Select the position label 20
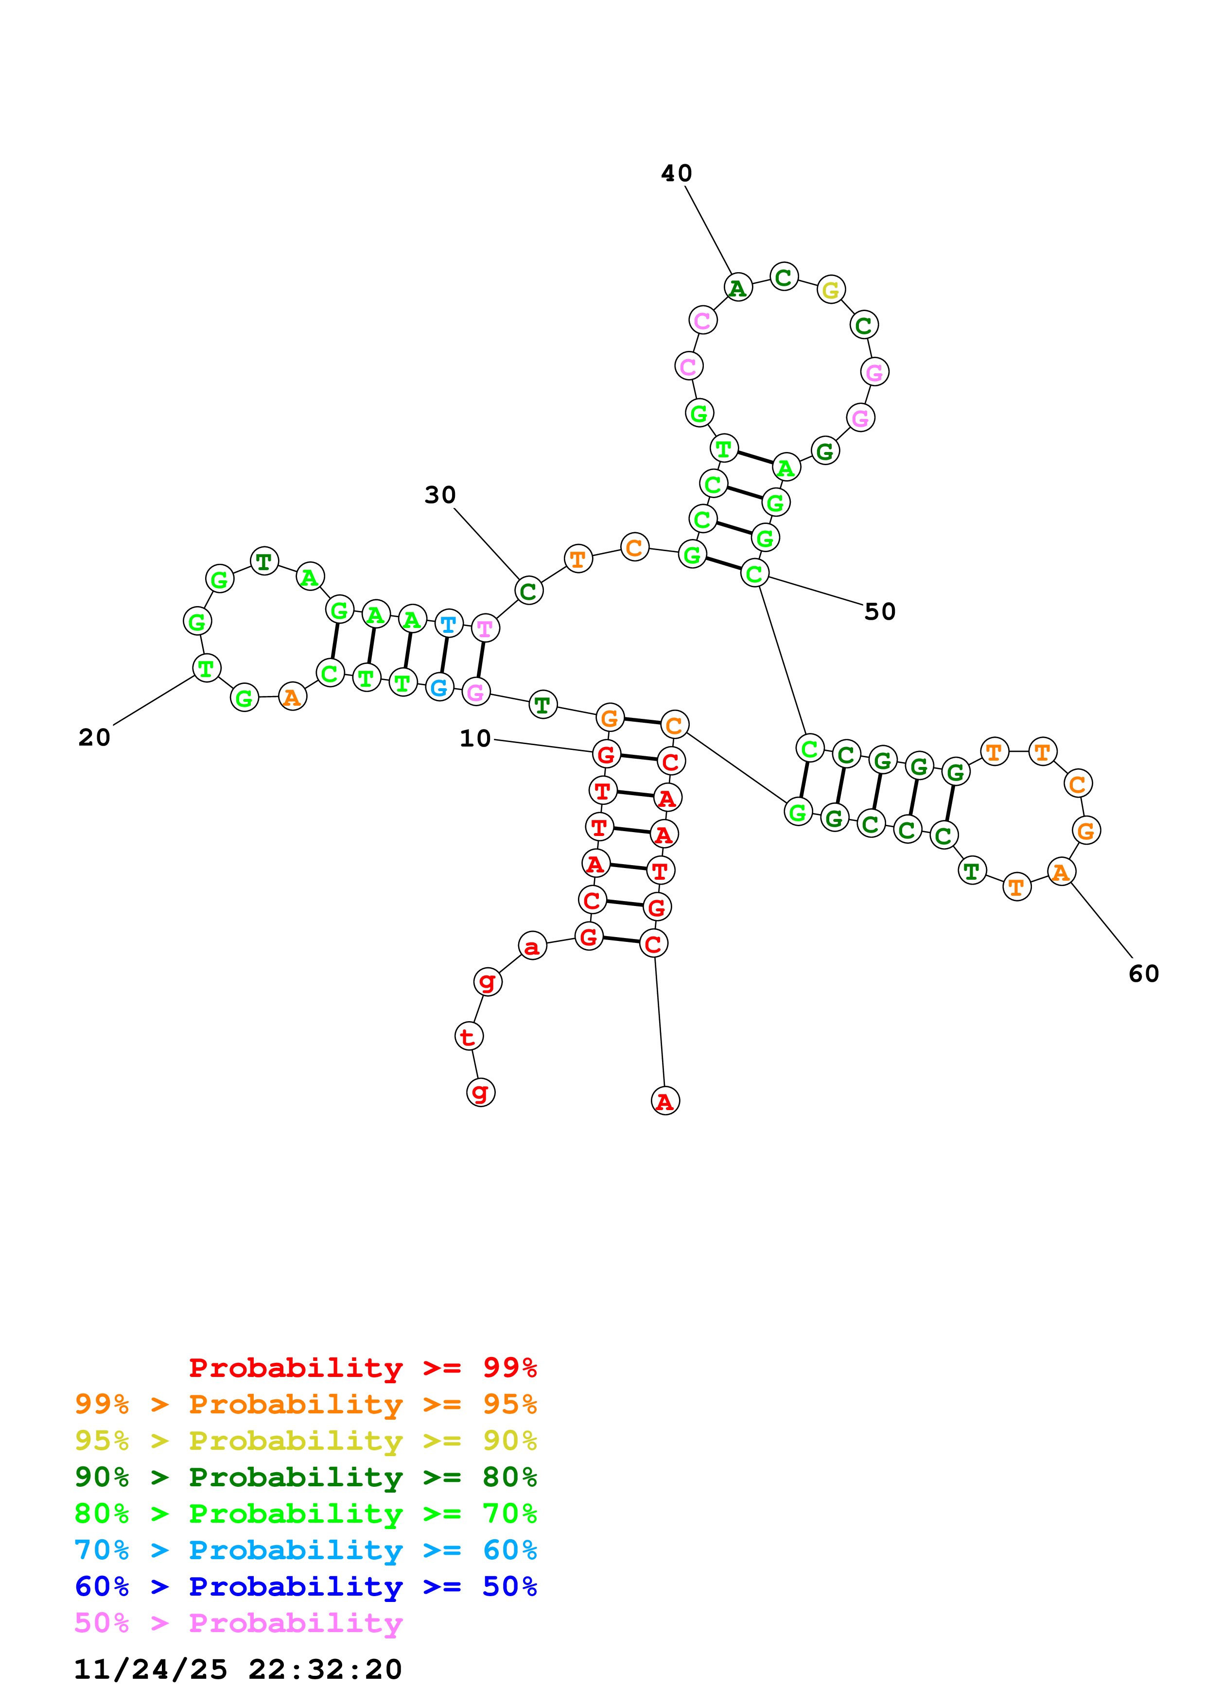pyautogui.click(x=94, y=737)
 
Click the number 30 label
pyautogui.click(x=439, y=495)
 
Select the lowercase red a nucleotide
pyautogui.click(x=532, y=946)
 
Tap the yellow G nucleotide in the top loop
pyautogui.click(x=831, y=290)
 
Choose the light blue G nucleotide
pyautogui.click(x=439, y=688)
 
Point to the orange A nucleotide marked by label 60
pyautogui.click(x=1061, y=872)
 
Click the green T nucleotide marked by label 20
pyautogui.click(x=207, y=668)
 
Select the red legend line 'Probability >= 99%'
pyautogui.click(x=362, y=1368)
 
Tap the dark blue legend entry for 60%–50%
pyautogui.click(x=306, y=1586)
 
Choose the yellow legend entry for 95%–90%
pyautogui.click(x=306, y=1441)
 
